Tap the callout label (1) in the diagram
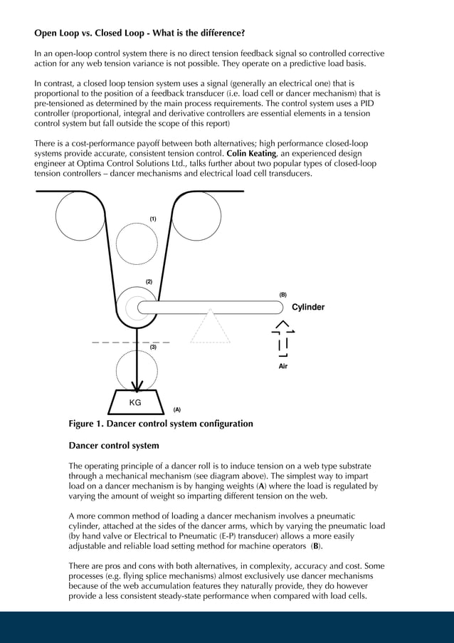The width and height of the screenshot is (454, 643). [x=152, y=219]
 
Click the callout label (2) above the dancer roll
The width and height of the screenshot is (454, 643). [x=149, y=282]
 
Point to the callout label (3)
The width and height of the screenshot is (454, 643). [x=152, y=347]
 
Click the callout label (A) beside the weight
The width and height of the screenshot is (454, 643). [x=176, y=409]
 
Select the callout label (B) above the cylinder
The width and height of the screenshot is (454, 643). [x=283, y=294]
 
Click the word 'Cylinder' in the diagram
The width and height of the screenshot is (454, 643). [x=308, y=308]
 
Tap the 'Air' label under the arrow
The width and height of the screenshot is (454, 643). [x=283, y=367]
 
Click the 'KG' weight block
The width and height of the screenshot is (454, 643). [x=135, y=402]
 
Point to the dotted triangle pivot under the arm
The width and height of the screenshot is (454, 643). [x=210, y=328]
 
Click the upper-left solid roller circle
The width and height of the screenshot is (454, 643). [x=80, y=216]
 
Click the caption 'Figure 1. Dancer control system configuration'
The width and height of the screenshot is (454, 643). [x=160, y=424]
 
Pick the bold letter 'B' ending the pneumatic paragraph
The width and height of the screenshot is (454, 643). [x=317, y=546]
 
